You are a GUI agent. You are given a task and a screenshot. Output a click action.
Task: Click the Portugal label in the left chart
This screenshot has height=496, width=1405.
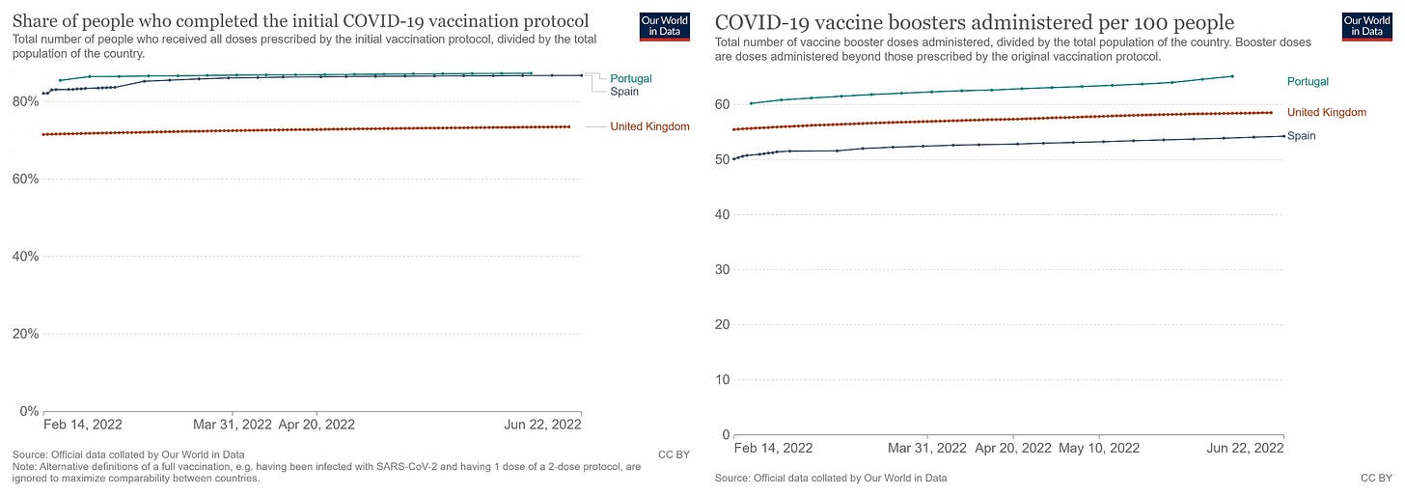[x=631, y=78]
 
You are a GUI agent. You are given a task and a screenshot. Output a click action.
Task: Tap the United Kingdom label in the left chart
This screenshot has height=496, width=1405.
[x=649, y=126]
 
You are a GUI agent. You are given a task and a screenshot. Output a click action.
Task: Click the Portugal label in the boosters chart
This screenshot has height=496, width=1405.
[x=1308, y=81]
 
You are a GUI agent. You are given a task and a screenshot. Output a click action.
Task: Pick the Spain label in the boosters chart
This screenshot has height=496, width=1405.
[x=1302, y=136]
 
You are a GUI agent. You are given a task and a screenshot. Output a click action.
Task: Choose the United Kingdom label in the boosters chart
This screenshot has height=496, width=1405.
[x=1327, y=113]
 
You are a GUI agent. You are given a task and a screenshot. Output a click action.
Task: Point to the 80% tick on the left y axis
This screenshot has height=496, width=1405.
[x=25, y=101]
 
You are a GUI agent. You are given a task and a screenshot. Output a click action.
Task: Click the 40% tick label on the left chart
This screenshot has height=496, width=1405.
[x=25, y=257]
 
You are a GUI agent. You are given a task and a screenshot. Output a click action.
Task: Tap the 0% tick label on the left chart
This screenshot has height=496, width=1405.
[x=28, y=411]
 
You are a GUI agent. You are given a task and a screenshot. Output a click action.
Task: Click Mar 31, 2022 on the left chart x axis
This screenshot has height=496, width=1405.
[x=233, y=424]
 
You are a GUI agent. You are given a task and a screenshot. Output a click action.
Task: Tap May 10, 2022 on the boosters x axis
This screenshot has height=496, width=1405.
[x=1099, y=448]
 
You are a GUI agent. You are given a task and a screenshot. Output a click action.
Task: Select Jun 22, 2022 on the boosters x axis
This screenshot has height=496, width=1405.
[x=1245, y=448]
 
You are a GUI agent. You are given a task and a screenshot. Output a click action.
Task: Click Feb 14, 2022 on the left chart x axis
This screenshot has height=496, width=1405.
[x=82, y=424]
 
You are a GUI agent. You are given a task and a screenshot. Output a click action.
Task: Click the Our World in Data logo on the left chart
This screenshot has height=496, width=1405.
[x=664, y=26]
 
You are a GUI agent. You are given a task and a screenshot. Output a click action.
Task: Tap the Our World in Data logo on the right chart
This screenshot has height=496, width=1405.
[x=1366, y=26]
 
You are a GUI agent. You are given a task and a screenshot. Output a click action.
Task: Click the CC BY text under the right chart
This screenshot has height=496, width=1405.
[x=1376, y=478]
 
